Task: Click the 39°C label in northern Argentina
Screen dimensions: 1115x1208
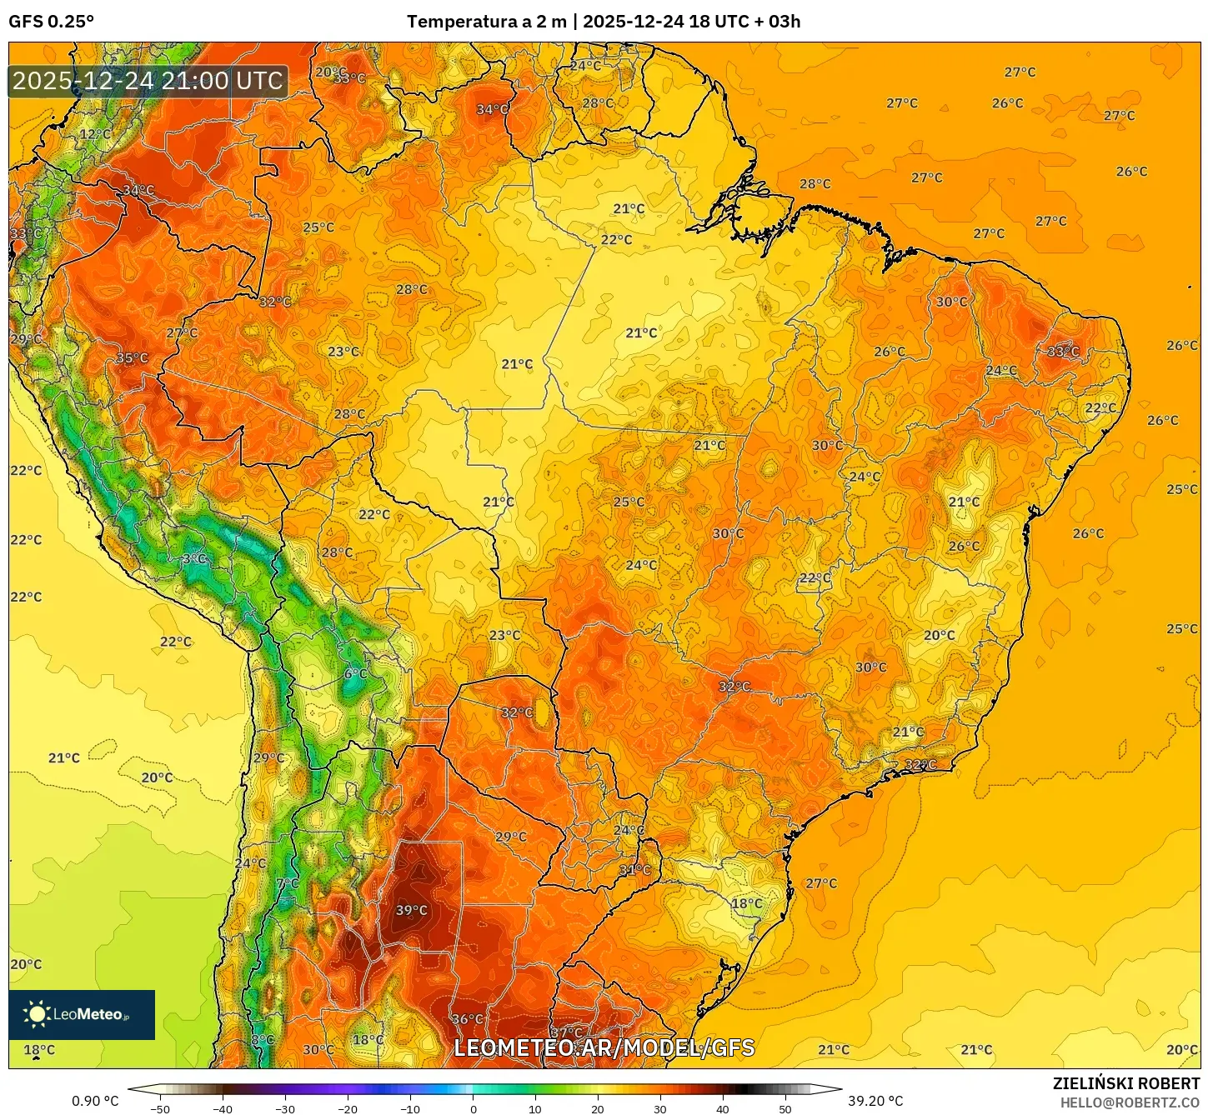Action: point(411,910)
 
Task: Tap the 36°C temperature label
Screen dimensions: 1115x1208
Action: point(467,1018)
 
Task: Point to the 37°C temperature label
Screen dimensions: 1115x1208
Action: point(566,1033)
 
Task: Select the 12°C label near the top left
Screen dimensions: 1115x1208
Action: point(95,134)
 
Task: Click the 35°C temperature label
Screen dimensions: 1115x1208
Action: point(132,358)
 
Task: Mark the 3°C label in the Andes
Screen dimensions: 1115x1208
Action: point(193,558)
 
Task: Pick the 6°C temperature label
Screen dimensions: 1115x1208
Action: point(355,673)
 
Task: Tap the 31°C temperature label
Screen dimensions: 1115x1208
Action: point(634,870)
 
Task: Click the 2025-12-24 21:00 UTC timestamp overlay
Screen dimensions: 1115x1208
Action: point(148,81)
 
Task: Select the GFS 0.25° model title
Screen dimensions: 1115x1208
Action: point(51,22)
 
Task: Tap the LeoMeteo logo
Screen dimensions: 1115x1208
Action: point(82,1014)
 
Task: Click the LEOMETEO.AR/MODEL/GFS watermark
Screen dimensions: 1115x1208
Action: point(604,1047)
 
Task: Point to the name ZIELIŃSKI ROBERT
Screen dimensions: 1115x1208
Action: point(1125,1083)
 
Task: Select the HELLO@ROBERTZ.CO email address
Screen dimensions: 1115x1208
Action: point(1129,1102)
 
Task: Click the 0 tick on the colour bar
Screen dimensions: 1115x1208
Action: point(473,1108)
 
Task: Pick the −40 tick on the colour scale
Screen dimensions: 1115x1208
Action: point(223,1108)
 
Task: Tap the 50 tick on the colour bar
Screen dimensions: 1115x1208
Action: point(785,1108)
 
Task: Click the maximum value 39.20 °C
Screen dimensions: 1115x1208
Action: point(875,1101)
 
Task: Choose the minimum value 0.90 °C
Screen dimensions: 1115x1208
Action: point(95,1101)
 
